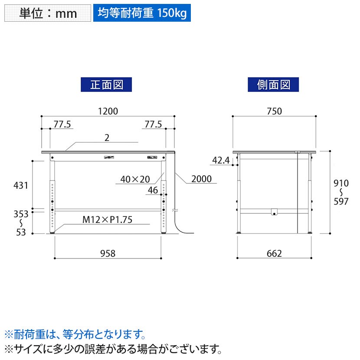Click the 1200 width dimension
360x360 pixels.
click(x=108, y=111)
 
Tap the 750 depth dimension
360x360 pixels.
click(x=274, y=111)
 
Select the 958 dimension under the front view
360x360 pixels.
click(x=108, y=253)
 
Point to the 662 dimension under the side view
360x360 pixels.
click(x=274, y=253)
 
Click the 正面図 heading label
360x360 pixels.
click(x=106, y=85)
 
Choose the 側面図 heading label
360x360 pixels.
click(x=273, y=85)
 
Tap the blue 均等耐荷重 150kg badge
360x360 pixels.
click(x=142, y=13)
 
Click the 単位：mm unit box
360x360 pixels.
click(x=48, y=13)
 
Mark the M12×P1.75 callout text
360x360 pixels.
click(x=107, y=220)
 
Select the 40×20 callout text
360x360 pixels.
click(x=135, y=179)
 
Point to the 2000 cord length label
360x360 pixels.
click(x=201, y=179)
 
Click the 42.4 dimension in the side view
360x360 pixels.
click(x=221, y=160)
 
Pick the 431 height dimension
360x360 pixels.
click(x=21, y=185)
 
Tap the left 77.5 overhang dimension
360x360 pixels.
click(x=62, y=124)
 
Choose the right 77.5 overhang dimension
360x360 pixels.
click(x=153, y=124)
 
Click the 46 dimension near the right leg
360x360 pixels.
click(x=153, y=190)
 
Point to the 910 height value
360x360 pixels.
click(x=341, y=183)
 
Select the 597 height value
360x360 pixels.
click(x=341, y=201)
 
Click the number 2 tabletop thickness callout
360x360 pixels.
click(x=107, y=138)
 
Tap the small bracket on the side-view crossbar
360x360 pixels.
click(x=274, y=212)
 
